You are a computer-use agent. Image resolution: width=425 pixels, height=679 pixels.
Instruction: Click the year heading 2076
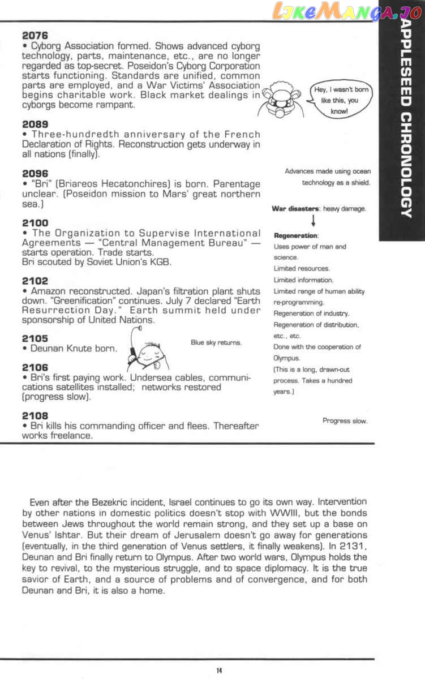click(35, 36)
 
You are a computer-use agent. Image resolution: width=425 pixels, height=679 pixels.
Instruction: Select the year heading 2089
click(35, 124)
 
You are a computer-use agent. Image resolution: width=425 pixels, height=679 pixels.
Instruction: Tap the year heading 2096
click(35, 173)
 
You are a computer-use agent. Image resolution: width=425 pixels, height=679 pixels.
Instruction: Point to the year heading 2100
click(35, 223)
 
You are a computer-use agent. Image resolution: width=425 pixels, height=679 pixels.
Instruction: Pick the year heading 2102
click(35, 281)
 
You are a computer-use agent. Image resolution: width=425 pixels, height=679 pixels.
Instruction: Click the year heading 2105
click(35, 338)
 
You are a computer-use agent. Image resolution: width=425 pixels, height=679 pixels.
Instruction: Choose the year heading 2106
click(35, 367)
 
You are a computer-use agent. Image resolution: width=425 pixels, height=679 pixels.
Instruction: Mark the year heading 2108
click(35, 415)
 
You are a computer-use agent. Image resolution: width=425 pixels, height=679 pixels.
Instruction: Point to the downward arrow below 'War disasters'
click(313, 220)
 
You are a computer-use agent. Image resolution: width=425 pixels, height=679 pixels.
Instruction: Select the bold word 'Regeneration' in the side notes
click(295, 235)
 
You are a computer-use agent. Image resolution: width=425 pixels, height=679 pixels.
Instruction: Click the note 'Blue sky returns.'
click(216, 342)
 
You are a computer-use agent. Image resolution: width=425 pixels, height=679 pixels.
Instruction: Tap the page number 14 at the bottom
click(218, 671)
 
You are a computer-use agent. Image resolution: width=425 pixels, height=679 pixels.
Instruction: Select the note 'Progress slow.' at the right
click(345, 420)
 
